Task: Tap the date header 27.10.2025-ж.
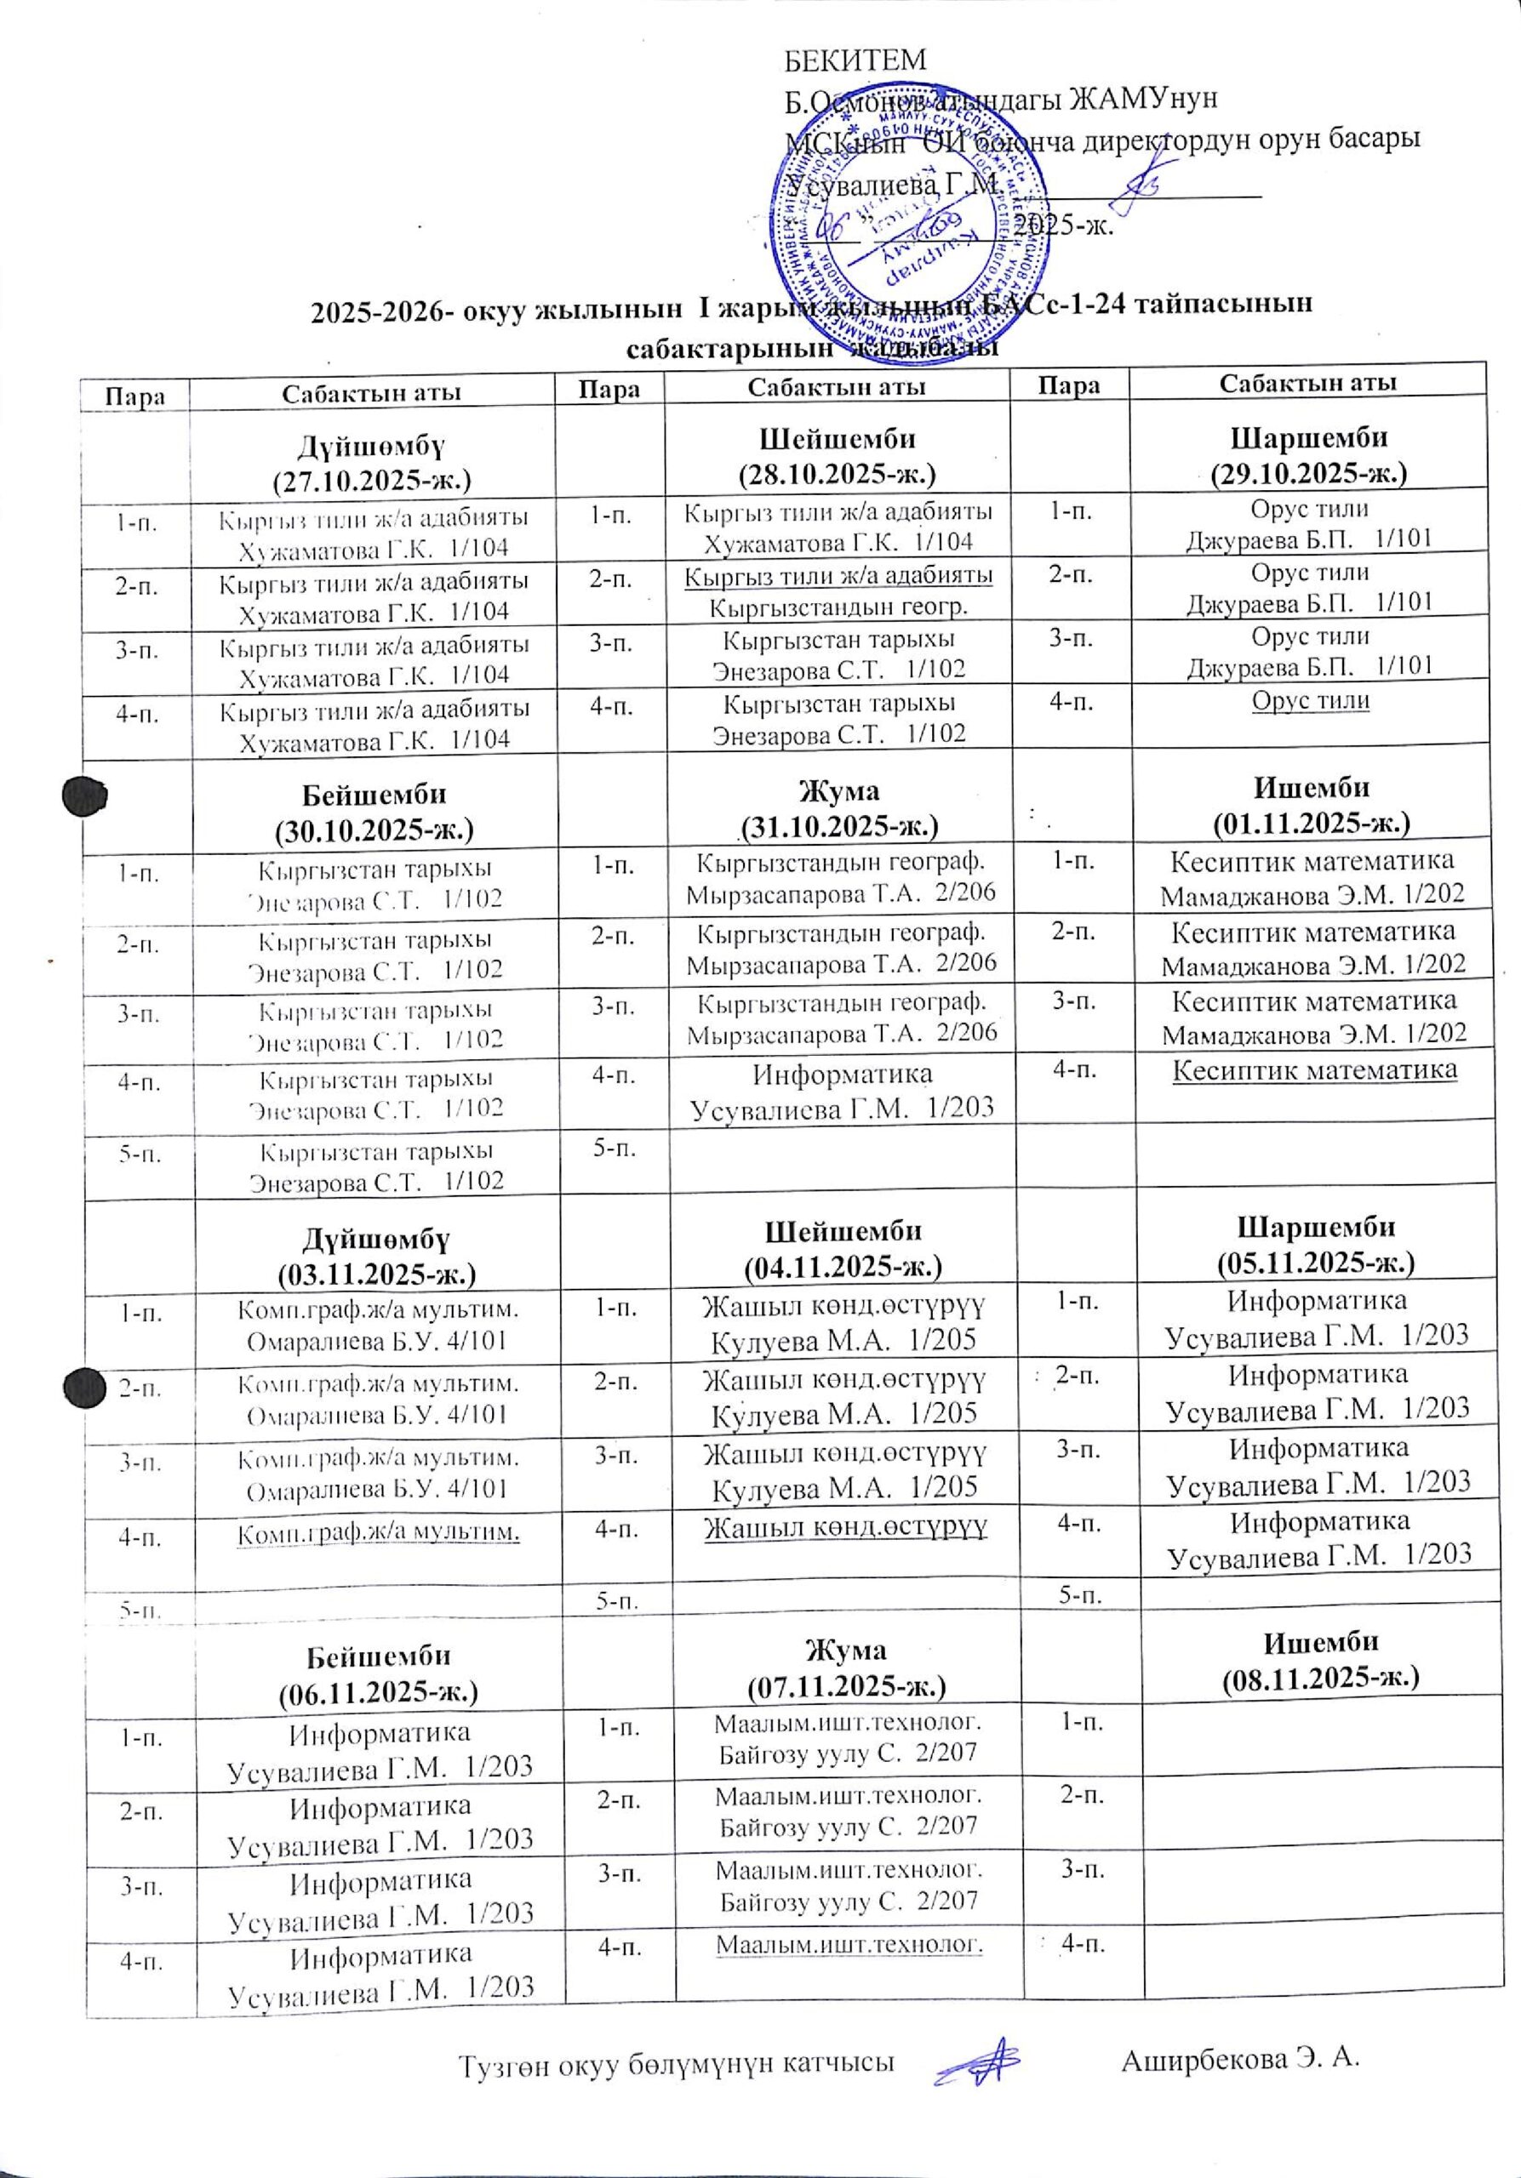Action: pyautogui.click(x=372, y=481)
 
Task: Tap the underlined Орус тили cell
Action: pyautogui.click(x=1308, y=701)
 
